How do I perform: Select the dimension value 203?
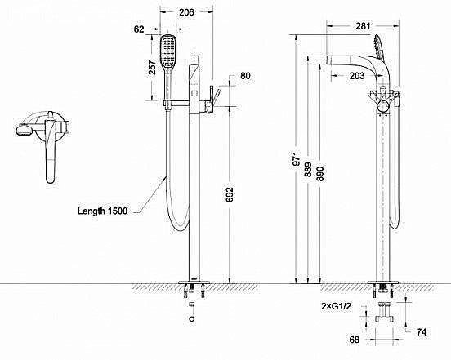coord(356,75)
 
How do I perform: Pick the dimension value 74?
coord(422,331)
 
